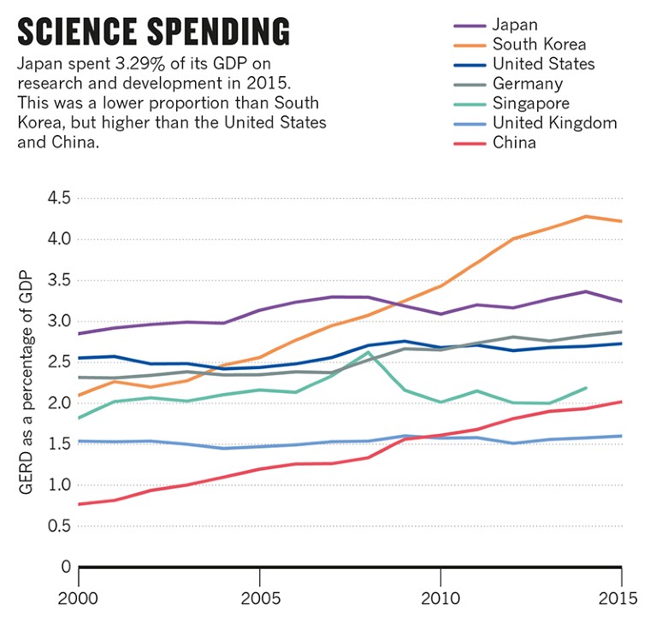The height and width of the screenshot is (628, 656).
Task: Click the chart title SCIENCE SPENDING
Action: coord(153,32)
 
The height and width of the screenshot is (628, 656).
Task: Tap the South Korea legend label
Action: coord(539,44)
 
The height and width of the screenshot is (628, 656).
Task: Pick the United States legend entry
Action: coord(543,63)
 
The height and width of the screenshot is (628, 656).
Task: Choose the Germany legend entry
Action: coord(527,83)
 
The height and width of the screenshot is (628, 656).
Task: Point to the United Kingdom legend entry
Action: coord(554,122)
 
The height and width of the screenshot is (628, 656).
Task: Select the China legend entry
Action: coord(514,142)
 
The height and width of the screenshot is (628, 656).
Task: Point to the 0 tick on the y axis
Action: coord(64,566)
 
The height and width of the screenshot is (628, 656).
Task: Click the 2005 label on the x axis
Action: coord(258,597)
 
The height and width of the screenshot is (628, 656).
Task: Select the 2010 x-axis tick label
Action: coord(440,597)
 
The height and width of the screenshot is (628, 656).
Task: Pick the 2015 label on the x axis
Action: coord(618,597)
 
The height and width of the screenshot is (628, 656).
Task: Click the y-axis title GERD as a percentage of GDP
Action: coord(25,382)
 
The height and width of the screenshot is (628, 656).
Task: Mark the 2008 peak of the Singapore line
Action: coord(368,352)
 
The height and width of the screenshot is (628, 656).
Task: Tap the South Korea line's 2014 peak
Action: coord(585,216)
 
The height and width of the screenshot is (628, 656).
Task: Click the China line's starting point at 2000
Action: coord(79,504)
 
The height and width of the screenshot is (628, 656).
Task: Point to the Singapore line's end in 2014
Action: coord(585,388)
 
